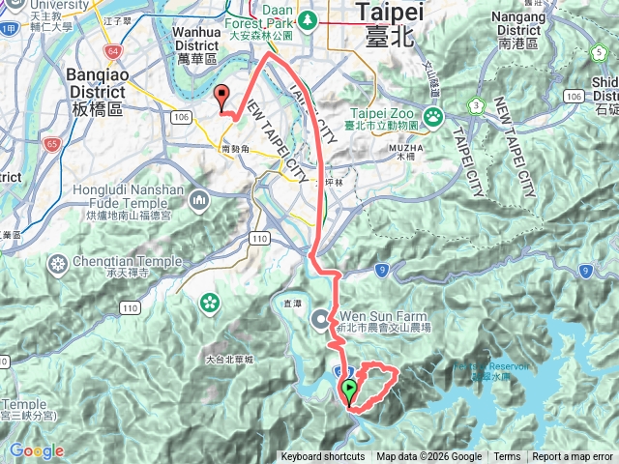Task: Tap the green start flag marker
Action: (x=349, y=390)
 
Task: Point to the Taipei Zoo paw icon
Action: (x=432, y=115)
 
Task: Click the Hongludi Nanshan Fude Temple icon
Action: (x=200, y=200)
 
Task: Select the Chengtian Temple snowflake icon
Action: (x=59, y=264)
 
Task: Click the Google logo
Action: (x=37, y=450)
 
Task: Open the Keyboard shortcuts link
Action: (x=323, y=457)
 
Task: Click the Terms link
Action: (x=507, y=457)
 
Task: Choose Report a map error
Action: (x=573, y=457)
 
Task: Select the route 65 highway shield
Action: (x=50, y=144)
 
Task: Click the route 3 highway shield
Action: (x=476, y=104)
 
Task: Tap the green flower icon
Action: (x=209, y=304)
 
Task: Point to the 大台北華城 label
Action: (x=229, y=360)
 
